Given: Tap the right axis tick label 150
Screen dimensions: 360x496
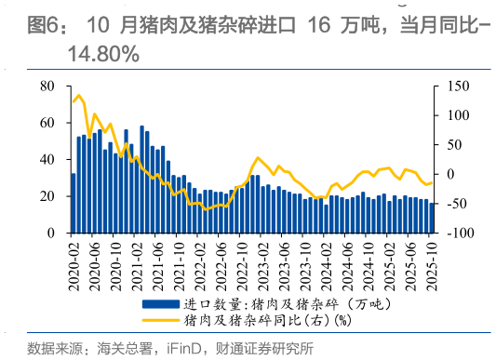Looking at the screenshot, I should pos(452,86).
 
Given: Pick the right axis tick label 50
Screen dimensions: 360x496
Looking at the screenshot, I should pos(449,145).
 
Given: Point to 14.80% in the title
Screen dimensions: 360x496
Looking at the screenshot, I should pos(102,55).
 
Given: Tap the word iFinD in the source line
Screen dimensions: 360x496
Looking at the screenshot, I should pos(187,349).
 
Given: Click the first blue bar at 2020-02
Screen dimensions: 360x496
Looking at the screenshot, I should pos(74,204).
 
